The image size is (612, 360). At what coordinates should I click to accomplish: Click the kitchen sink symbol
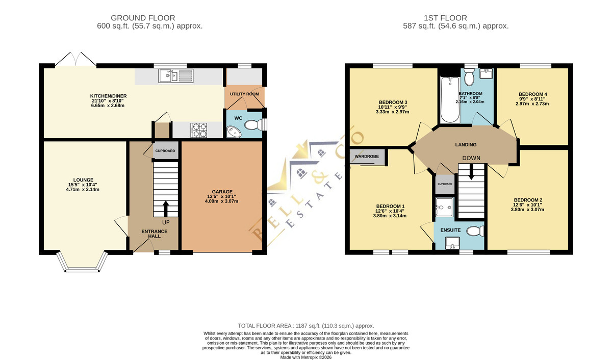176,75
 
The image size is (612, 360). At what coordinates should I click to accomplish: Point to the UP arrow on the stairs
166,209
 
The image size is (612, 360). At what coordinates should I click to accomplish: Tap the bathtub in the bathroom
450,100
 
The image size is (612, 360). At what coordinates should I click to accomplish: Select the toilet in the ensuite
475,231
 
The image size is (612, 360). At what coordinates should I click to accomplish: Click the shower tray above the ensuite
445,208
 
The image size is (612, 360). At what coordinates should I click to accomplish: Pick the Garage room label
222,192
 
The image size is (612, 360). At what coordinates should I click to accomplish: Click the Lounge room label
83,179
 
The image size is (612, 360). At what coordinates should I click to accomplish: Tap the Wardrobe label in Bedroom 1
367,157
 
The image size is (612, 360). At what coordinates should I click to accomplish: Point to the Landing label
466,145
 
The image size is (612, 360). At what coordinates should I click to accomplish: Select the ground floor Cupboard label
165,151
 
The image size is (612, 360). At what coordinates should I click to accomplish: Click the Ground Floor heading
143,18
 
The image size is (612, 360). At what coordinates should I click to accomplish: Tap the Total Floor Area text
305,326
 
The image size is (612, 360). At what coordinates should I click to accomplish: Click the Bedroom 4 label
533,94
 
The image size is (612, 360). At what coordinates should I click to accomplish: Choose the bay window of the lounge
82,262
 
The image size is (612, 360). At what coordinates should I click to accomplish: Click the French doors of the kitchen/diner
75,59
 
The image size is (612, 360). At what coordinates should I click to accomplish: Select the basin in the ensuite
452,243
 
